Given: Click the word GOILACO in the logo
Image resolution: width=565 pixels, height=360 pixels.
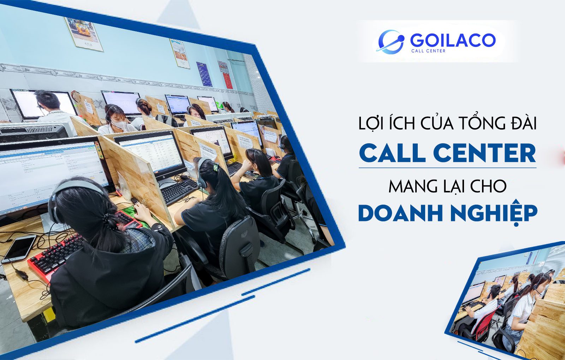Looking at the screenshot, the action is tap(453, 40).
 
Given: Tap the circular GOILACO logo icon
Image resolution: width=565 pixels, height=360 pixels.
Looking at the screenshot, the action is tap(391, 42).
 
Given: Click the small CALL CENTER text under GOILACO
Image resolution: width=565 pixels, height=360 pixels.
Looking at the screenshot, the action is tap(428, 51).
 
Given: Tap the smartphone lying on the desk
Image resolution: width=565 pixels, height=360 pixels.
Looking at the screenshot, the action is tap(19, 249).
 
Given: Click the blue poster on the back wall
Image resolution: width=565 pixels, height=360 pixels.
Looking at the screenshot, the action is tap(204, 74).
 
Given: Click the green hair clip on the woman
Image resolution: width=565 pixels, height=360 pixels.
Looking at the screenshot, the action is tap(216, 167).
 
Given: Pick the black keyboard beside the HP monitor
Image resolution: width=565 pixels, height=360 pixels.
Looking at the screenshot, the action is tap(179, 191).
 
